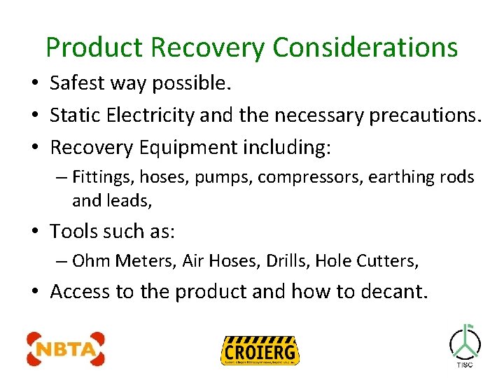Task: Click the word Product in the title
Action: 94,48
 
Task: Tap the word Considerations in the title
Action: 365,48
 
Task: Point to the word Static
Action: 75,115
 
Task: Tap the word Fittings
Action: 99,177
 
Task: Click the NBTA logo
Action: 65,349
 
